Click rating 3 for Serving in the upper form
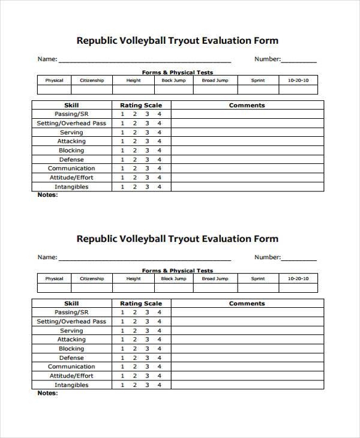point(147,132)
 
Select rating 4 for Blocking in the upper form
point(160,150)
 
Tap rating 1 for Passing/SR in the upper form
point(122,114)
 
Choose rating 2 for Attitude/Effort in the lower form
point(135,376)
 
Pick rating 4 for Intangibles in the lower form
point(160,385)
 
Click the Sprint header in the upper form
point(258,80)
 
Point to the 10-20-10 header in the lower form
point(298,278)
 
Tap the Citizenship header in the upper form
point(92,80)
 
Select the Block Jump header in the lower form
point(174,278)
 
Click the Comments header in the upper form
point(247,105)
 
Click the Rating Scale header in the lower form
point(141,304)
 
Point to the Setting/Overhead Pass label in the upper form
point(71,123)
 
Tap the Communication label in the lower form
point(71,367)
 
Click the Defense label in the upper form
point(71,159)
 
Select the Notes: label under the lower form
point(48,393)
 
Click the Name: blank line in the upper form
point(144,60)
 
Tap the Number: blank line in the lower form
point(299,259)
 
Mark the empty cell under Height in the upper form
point(133,90)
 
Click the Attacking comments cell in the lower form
point(247,340)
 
